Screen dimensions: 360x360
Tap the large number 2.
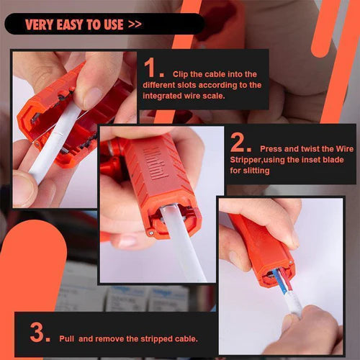click(x=239, y=143)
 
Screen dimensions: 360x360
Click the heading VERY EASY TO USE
click(x=74, y=24)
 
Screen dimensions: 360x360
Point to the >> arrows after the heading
click(x=135, y=24)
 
